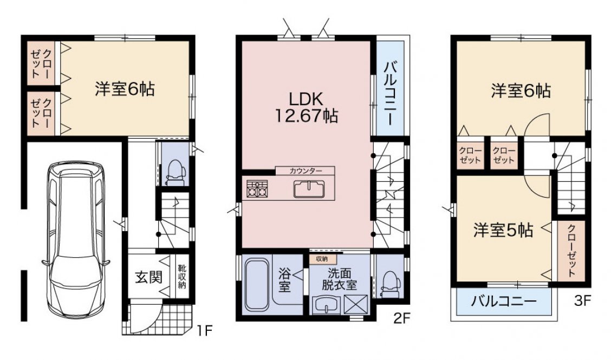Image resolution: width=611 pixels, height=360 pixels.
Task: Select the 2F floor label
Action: (x=402, y=319)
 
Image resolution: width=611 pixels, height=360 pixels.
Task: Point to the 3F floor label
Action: (x=582, y=300)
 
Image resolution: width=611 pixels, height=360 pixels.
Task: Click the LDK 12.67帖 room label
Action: (x=306, y=108)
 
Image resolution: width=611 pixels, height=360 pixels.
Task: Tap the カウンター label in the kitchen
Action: (x=305, y=171)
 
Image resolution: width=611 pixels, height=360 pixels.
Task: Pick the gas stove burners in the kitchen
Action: (x=257, y=188)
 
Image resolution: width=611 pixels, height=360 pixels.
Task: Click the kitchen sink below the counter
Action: (x=309, y=189)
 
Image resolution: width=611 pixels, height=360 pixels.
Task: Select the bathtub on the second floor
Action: (x=257, y=284)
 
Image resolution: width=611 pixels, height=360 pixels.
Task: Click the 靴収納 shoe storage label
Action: (x=182, y=277)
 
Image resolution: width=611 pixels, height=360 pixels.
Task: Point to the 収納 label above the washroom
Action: (x=322, y=259)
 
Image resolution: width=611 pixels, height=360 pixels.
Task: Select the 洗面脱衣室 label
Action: (x=339, y=279)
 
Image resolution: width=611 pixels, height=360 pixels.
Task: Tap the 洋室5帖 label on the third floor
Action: (x=503, y=230)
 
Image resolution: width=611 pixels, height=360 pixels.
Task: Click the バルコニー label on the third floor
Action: (x=504, y=301)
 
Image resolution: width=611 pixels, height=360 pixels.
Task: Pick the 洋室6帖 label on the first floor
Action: (x=125, y=89)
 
